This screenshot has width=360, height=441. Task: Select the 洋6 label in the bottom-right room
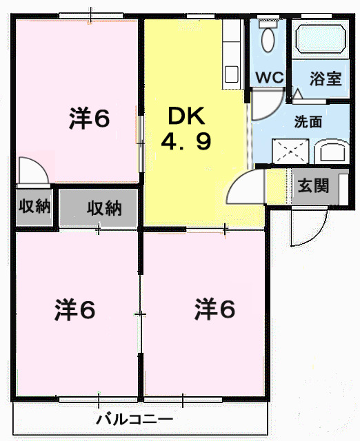pyautogui.click(x=214, y=309)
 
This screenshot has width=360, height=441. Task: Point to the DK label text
pyautogui.click(x=186, y=116)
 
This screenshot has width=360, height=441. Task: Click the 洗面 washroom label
pyautogui.click(x=308, y=122)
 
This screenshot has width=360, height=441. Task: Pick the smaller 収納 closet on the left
pyautogui.click(x=34, y=206)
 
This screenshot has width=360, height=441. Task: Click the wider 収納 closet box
pyautogui.click(x=103, y=207)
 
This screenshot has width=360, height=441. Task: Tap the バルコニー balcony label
pyautogui.click(x=134, y=419)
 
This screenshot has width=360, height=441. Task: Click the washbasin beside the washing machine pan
pyautogui.click(x=332, y=152)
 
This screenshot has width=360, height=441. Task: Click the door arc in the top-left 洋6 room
pyautogui.click(x=33, y=170)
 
